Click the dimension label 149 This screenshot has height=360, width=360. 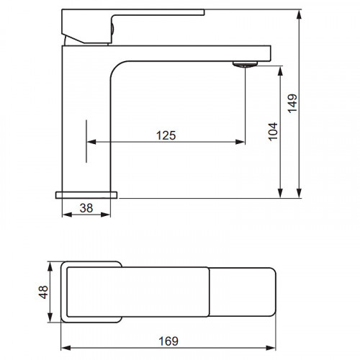292,104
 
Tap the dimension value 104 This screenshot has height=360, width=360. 273,132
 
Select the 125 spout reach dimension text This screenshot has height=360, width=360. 166,135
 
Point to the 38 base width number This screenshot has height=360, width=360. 86,208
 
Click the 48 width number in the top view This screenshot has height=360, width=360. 44,292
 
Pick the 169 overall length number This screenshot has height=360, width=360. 168,341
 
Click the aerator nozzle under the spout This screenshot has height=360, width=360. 245,64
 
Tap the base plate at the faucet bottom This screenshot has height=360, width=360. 86,195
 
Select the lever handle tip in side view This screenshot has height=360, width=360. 203,12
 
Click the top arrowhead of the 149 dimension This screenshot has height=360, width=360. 299,14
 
